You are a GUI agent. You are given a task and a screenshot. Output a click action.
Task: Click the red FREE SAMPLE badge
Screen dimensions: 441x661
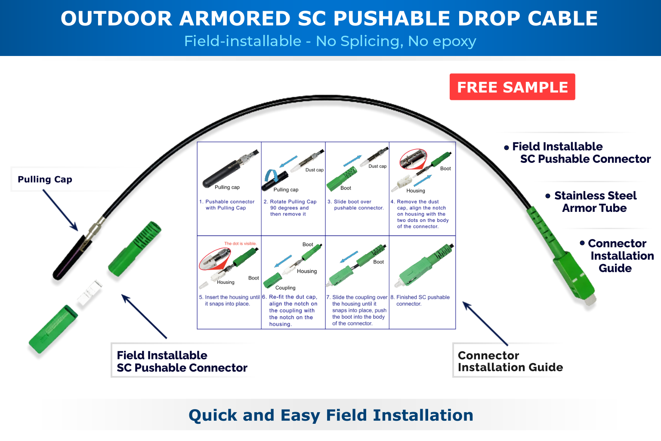click(x=512, y=87)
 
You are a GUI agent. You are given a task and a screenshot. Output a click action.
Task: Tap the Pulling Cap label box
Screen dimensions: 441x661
click(x=45, y=179)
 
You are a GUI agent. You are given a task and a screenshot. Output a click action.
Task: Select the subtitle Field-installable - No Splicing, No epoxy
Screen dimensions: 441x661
click(x=330, y=41)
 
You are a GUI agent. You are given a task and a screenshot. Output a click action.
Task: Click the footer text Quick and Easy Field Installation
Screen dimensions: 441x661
click(x=330, y=415)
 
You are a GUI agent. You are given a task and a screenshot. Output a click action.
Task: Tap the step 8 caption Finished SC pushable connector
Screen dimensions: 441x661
click(x=423, y=300)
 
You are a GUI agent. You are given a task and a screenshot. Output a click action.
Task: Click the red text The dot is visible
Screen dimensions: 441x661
click(x=240, y=244)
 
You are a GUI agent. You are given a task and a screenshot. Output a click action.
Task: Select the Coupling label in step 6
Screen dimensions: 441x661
click(x=285, y=288)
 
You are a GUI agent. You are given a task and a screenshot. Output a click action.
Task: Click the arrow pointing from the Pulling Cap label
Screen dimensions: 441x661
click(x=60, y=210)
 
